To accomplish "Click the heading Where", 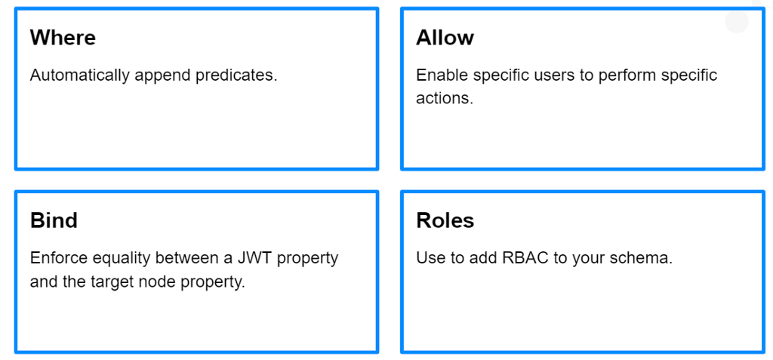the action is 63,38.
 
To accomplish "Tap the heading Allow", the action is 445,38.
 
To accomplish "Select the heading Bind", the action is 54,220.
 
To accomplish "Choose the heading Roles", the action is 445,220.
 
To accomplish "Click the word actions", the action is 444,98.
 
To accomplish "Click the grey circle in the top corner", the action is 737,21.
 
